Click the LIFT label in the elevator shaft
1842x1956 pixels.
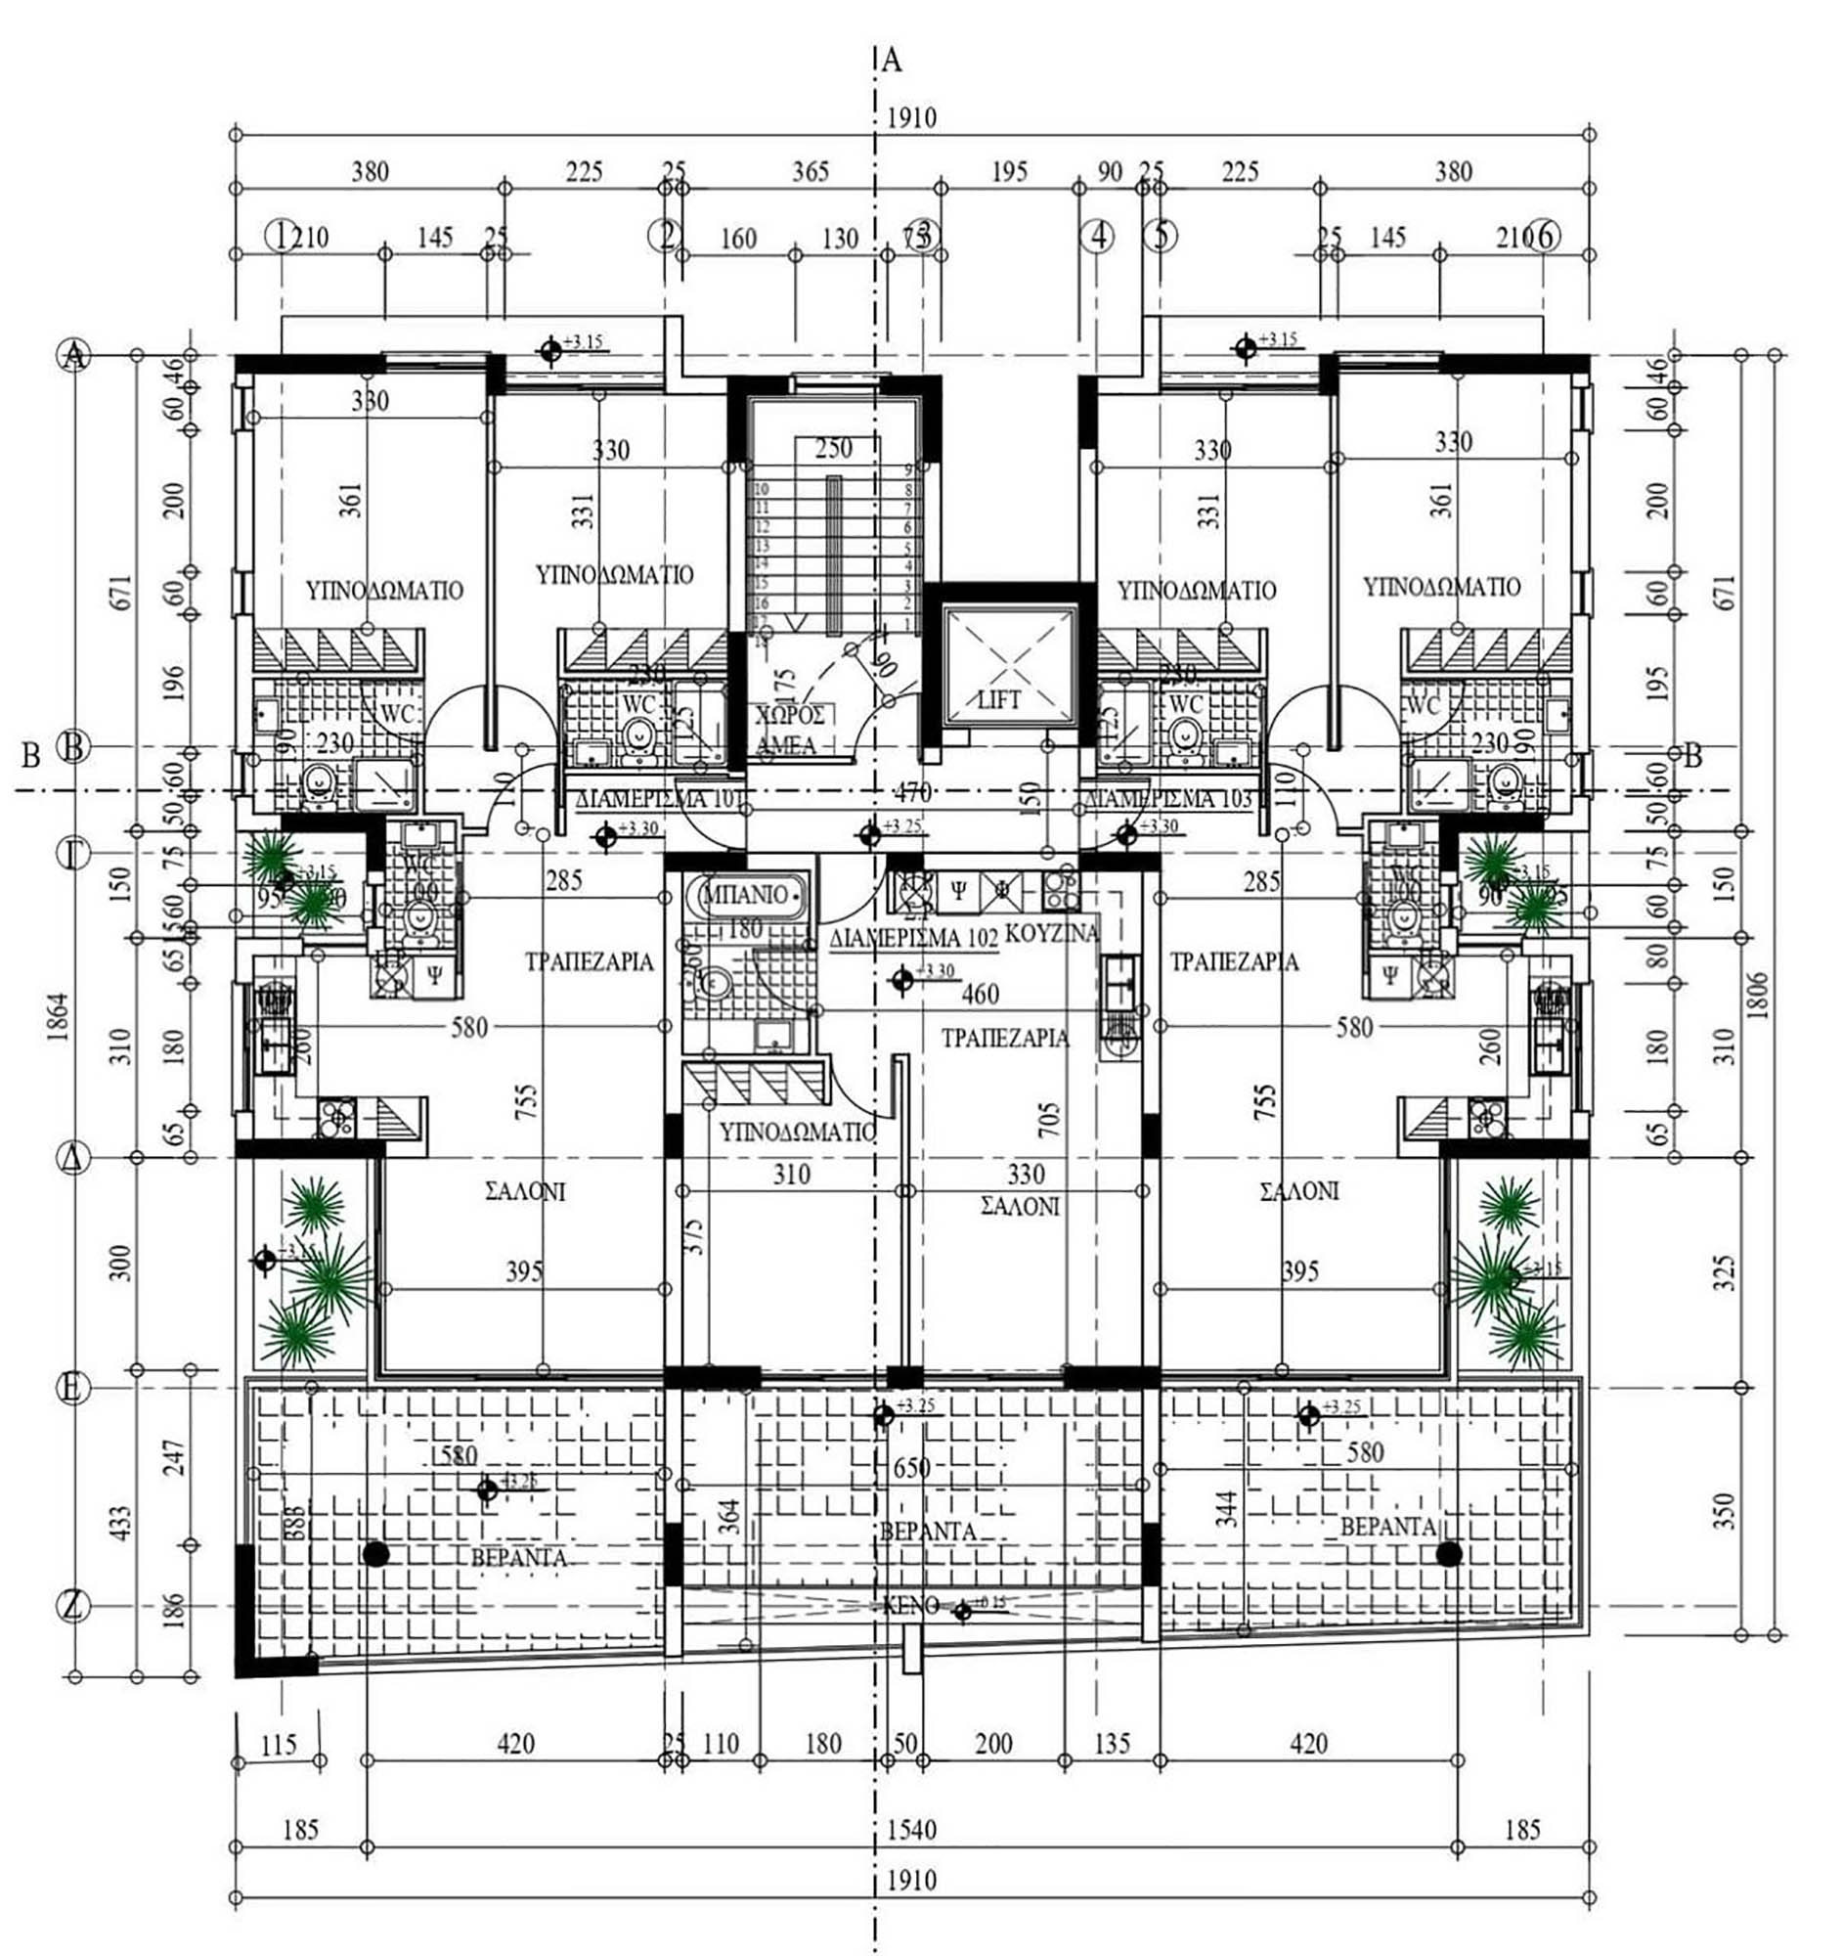999,699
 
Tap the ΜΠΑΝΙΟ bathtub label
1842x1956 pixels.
747,894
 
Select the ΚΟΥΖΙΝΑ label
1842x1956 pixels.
1051,931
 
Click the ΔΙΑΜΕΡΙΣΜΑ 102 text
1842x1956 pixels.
913,938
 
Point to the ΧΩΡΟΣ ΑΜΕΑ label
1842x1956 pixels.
789,730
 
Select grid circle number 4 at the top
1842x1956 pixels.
1099,236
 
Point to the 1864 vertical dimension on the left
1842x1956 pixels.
59,1018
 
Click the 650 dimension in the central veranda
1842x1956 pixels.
910,1468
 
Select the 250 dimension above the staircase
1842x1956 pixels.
833,449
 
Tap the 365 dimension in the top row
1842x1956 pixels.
811,172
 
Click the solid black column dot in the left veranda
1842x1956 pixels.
374,1554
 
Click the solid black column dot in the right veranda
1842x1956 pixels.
1448,1554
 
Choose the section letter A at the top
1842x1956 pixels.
892,61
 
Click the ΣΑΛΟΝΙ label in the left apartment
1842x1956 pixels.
526,1191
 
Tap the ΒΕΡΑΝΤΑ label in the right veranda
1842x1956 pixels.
1386,1527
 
